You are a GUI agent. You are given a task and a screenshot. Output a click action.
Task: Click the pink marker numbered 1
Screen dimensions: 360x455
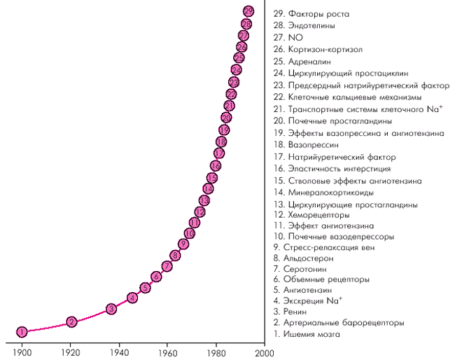pos(22,331)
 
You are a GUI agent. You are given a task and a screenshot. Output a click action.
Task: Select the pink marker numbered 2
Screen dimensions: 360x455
pos(71,322)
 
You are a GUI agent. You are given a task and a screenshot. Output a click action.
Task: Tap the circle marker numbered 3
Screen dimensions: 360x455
pos(111,309)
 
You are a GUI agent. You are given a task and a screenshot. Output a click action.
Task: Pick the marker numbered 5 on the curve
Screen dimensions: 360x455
pos(145,288)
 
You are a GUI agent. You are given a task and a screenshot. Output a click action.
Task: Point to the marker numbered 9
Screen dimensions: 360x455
pos(183,244)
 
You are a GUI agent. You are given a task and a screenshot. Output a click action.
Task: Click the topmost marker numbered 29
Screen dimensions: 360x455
pos(248,11)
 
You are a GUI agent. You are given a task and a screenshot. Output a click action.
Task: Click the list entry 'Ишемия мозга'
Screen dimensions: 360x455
pos(311,334)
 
